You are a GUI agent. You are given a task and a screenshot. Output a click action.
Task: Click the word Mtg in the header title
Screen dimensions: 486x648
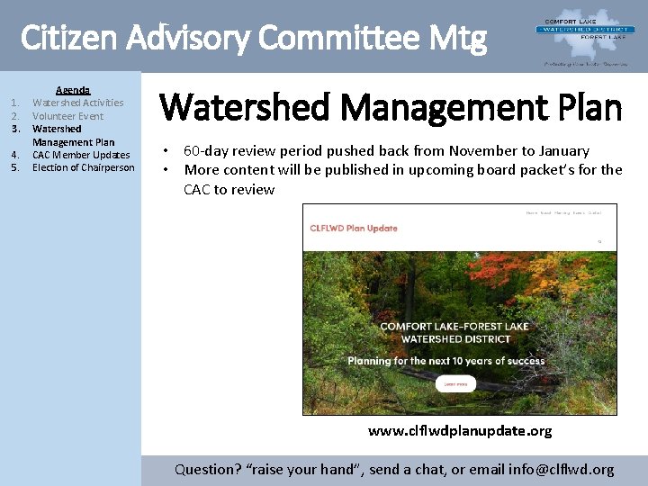[x=456, y=38]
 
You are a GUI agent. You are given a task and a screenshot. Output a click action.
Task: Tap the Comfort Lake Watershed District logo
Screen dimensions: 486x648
[x=580, y=31]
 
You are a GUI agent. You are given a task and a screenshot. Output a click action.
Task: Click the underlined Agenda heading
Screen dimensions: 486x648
[x=73, y=90]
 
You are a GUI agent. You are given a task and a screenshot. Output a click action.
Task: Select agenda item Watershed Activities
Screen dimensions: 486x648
[x=77, y=103]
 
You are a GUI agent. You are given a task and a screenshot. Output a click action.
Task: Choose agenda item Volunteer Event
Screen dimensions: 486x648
[x=67, y=116]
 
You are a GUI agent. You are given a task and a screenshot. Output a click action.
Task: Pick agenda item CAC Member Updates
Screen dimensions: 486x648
[x=81, y=155]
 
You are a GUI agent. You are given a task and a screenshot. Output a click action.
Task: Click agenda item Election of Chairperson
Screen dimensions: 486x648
[x=83, y=167]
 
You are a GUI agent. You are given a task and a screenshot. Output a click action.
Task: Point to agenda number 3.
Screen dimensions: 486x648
[x=15, y=129]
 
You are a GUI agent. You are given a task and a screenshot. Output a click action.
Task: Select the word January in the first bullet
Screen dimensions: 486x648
[x=563, y=151]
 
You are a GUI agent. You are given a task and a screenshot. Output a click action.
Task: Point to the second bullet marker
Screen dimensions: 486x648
[x=166, y=169]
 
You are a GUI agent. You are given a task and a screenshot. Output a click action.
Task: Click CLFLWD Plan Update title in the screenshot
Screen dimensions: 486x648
[x=354, y=228]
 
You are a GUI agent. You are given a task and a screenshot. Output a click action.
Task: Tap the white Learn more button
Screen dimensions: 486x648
[x=455, y=383]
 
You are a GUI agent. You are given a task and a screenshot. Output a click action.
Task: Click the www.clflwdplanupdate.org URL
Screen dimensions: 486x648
[x=460, y=430]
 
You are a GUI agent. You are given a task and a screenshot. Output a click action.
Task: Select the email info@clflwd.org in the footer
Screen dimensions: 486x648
[x=561, y=469]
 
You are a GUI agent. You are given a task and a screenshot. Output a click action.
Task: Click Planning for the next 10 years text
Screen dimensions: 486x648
[x=446, y=361]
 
